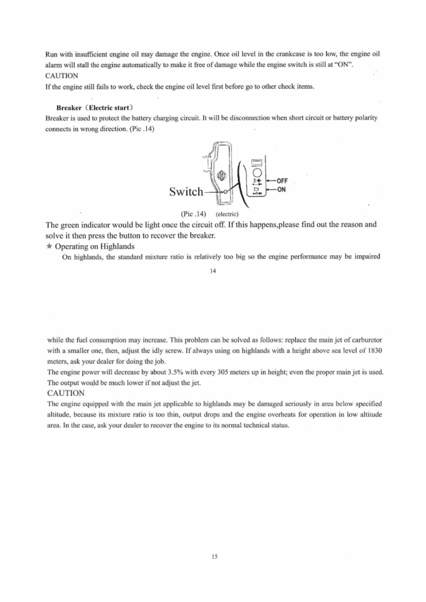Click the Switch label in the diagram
click(185, 192)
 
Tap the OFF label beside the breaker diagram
click(281, 180)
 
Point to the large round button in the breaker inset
click(257, 173)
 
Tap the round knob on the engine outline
click(222, 175)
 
